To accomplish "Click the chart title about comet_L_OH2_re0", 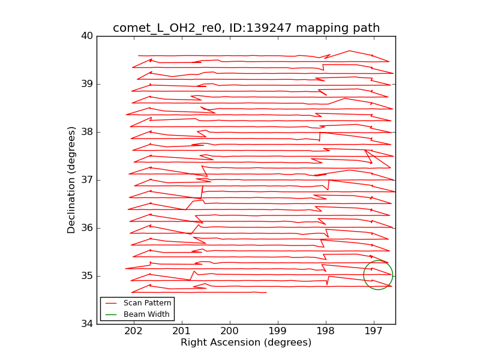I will (246, 28).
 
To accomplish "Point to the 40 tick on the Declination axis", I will (87, 36).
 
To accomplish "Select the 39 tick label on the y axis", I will (87, 84).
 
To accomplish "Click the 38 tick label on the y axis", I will (87, 132).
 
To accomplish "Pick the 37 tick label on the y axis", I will (87, 180).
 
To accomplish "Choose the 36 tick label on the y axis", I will (87, 228).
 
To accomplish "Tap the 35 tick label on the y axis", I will (87, 276).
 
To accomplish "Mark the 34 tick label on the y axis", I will (87, 324).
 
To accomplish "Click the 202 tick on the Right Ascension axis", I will (133, 332).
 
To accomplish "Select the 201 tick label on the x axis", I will (181, 332).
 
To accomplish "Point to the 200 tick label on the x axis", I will (229, 332).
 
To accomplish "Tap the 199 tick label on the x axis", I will (277, 332).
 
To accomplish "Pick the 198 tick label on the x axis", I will (325, 332).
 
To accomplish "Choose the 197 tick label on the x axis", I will (373, 332).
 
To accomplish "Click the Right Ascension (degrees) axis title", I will (246, 343).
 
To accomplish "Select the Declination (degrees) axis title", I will (72, 180).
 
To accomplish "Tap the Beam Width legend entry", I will (146, 314).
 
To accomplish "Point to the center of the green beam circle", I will (378, 275).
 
